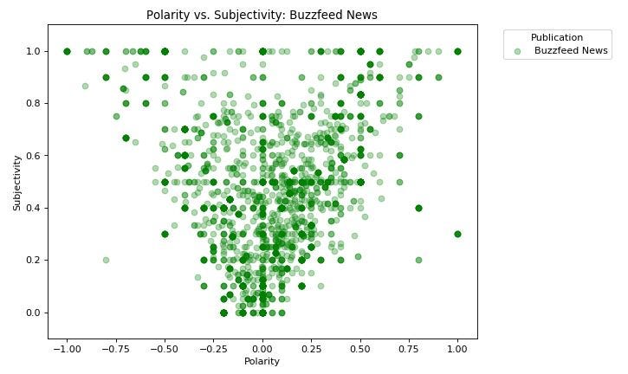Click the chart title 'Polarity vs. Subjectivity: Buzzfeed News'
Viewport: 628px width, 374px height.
coord(262,15)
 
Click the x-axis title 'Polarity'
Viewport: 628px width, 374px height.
coord(262,361)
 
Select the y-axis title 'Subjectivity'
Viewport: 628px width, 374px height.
coord(17,183)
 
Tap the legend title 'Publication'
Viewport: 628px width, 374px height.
coord(556,37)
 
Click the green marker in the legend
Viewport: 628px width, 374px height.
coord(517,51)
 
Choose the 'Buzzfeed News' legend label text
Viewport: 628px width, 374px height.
coord(571,51)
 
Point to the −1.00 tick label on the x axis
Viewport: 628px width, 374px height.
coord(64,349)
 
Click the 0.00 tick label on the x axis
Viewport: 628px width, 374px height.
coord(262,349)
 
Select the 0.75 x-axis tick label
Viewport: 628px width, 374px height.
coord(409,349)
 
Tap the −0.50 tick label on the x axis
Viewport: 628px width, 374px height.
coord(162,349)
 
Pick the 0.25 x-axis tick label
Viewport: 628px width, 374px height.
coord(311,349)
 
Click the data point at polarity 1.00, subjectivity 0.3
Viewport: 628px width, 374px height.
coord(457,234)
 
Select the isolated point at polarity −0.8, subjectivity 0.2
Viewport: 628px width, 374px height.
coord(106,260)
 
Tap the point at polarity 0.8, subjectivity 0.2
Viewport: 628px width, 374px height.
coord(418,260)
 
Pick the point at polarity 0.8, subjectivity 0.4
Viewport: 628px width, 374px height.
coord(418,208)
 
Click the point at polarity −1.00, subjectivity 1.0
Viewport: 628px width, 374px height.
coord(67,51)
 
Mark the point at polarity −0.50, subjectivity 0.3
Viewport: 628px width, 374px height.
coord(165,234)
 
